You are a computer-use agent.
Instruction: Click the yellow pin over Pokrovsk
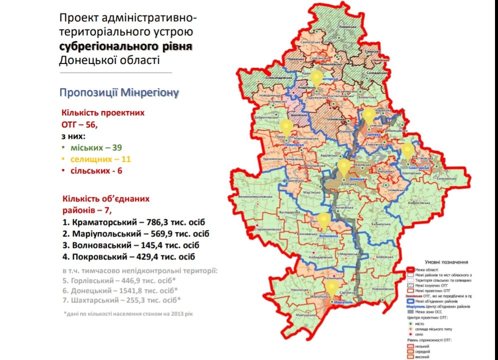click(x=286, y=126)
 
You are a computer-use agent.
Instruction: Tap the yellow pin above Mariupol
click(x=331, y=287)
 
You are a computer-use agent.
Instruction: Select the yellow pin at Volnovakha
click(x=324, y=219)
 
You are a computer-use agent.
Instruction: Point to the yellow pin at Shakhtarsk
click(x=408, y=150)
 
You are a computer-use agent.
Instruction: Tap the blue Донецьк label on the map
click(x=357, y=178)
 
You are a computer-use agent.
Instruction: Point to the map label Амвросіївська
click(x=418, y=203)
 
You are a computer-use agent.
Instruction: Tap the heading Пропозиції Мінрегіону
click(x=118, y=92)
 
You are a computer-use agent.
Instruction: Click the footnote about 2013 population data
click(x=127, y=314)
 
